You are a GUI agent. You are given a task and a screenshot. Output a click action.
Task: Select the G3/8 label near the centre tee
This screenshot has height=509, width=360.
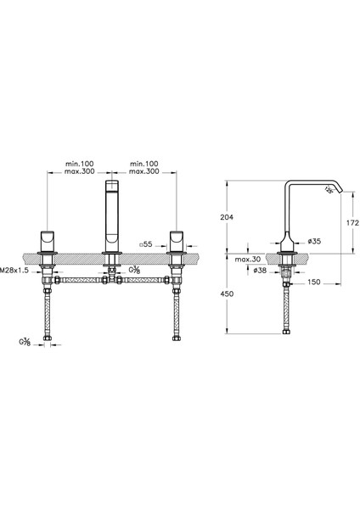click(135, 270)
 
